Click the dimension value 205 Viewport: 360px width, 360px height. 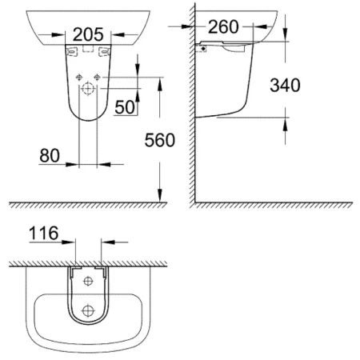click(89, 34)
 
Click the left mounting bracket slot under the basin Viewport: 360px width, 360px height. click(73, 50)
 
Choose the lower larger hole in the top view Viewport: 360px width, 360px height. click(88, 310)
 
